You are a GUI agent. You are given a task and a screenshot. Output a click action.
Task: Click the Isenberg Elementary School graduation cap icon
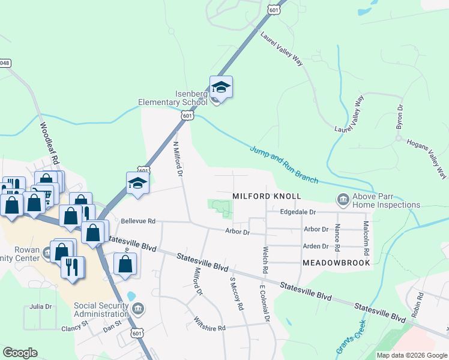(x=221, y=88)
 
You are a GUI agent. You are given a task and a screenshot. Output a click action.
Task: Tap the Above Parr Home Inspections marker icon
(x=343, y=198)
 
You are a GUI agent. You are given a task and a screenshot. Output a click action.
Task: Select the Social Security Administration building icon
(x=139, y=310)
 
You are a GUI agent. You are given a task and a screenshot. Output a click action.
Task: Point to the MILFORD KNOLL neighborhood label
(x=267, y=197)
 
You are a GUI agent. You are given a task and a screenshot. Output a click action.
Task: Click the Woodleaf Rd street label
(x=52, y=144)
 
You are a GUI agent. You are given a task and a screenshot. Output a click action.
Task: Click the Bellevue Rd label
(x=138, y=221)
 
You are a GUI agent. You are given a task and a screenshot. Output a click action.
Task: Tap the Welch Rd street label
(x=265, y=260)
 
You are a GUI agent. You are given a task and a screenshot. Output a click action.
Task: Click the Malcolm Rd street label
(x=366, y=236)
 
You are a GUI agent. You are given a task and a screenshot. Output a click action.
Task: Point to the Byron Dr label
(x=399, y=116)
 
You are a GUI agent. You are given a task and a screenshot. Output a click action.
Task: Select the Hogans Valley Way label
(x=427, y=159)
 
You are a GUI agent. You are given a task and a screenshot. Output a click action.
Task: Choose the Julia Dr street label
(x=40, y=307)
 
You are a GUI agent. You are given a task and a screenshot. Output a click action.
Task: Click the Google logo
(x=20, y=353)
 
